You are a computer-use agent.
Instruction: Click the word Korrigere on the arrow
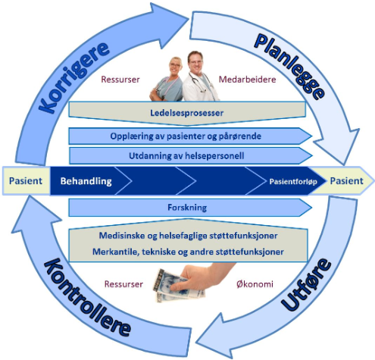click(74, 77)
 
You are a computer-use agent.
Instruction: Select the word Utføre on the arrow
click(306, 284)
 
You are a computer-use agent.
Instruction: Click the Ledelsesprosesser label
click(187, 113)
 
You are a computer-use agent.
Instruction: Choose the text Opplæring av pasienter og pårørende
click(186, 136)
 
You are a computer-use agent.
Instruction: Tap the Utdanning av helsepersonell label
click(186, 155)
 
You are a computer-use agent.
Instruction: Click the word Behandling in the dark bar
click(86, 181)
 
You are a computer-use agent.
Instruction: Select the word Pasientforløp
click(293, 182)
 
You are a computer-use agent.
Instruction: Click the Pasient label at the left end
click(26, 181)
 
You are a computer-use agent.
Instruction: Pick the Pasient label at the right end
click(347, 181)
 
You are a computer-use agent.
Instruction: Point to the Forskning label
click(187, 208)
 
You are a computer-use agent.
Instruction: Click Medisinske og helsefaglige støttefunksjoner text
click(188, 236)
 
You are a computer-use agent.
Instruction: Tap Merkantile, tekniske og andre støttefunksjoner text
click(188, 252)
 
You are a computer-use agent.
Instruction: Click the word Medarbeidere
click(247, 80)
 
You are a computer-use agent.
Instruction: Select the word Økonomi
click(255, 284)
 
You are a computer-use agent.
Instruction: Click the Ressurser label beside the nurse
click(120, 80)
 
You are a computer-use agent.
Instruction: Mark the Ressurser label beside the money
click(123, 284)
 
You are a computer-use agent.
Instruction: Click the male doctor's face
click(195, 62)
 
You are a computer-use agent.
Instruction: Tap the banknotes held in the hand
click(176, 286)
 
